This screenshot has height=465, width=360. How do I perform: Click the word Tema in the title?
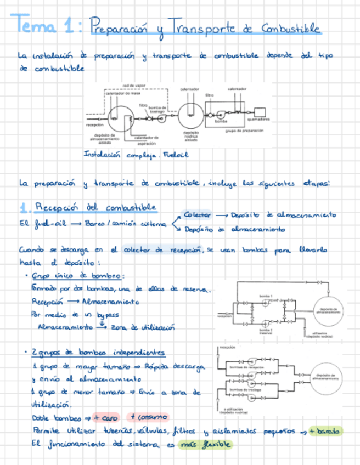(37, 25)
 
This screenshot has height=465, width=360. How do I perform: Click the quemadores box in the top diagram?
(259, 112)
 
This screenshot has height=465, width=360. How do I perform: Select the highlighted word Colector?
(196, 214)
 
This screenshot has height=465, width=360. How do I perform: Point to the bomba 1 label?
(266, 296)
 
